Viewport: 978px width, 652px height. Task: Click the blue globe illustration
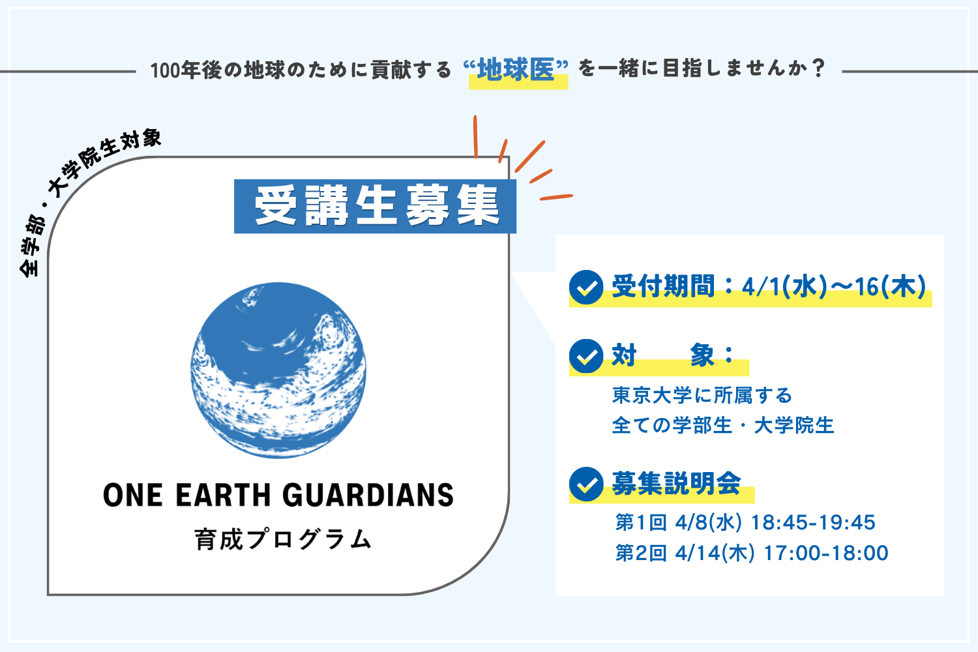click(278, 370)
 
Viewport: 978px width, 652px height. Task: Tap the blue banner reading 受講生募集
click(375, 206)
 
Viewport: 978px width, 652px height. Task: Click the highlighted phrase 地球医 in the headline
click(516, 69)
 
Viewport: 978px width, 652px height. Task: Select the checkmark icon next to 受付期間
click(586, 287)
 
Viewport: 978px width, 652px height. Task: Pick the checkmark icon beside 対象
click(586, 356)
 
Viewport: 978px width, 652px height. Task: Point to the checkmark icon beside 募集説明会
click(586, 484)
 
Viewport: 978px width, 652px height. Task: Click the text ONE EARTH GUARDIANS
click(278, 496)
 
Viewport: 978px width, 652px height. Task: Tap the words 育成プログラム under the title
click(283, 539)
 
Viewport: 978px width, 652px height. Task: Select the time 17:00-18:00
click(826, 553)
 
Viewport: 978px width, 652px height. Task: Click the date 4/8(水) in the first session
click(708, 522)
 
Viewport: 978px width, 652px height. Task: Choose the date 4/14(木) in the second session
click(715, 553)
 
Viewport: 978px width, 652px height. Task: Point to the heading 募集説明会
click(676, 483)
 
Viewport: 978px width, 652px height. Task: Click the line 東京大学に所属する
click(702, 395)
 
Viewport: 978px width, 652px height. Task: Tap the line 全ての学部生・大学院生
click(723, 425)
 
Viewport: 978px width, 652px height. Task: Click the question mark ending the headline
click(819, 68)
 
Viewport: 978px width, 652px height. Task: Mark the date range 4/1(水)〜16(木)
click(834, 287)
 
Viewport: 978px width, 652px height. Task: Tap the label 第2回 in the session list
click(641, 553)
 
